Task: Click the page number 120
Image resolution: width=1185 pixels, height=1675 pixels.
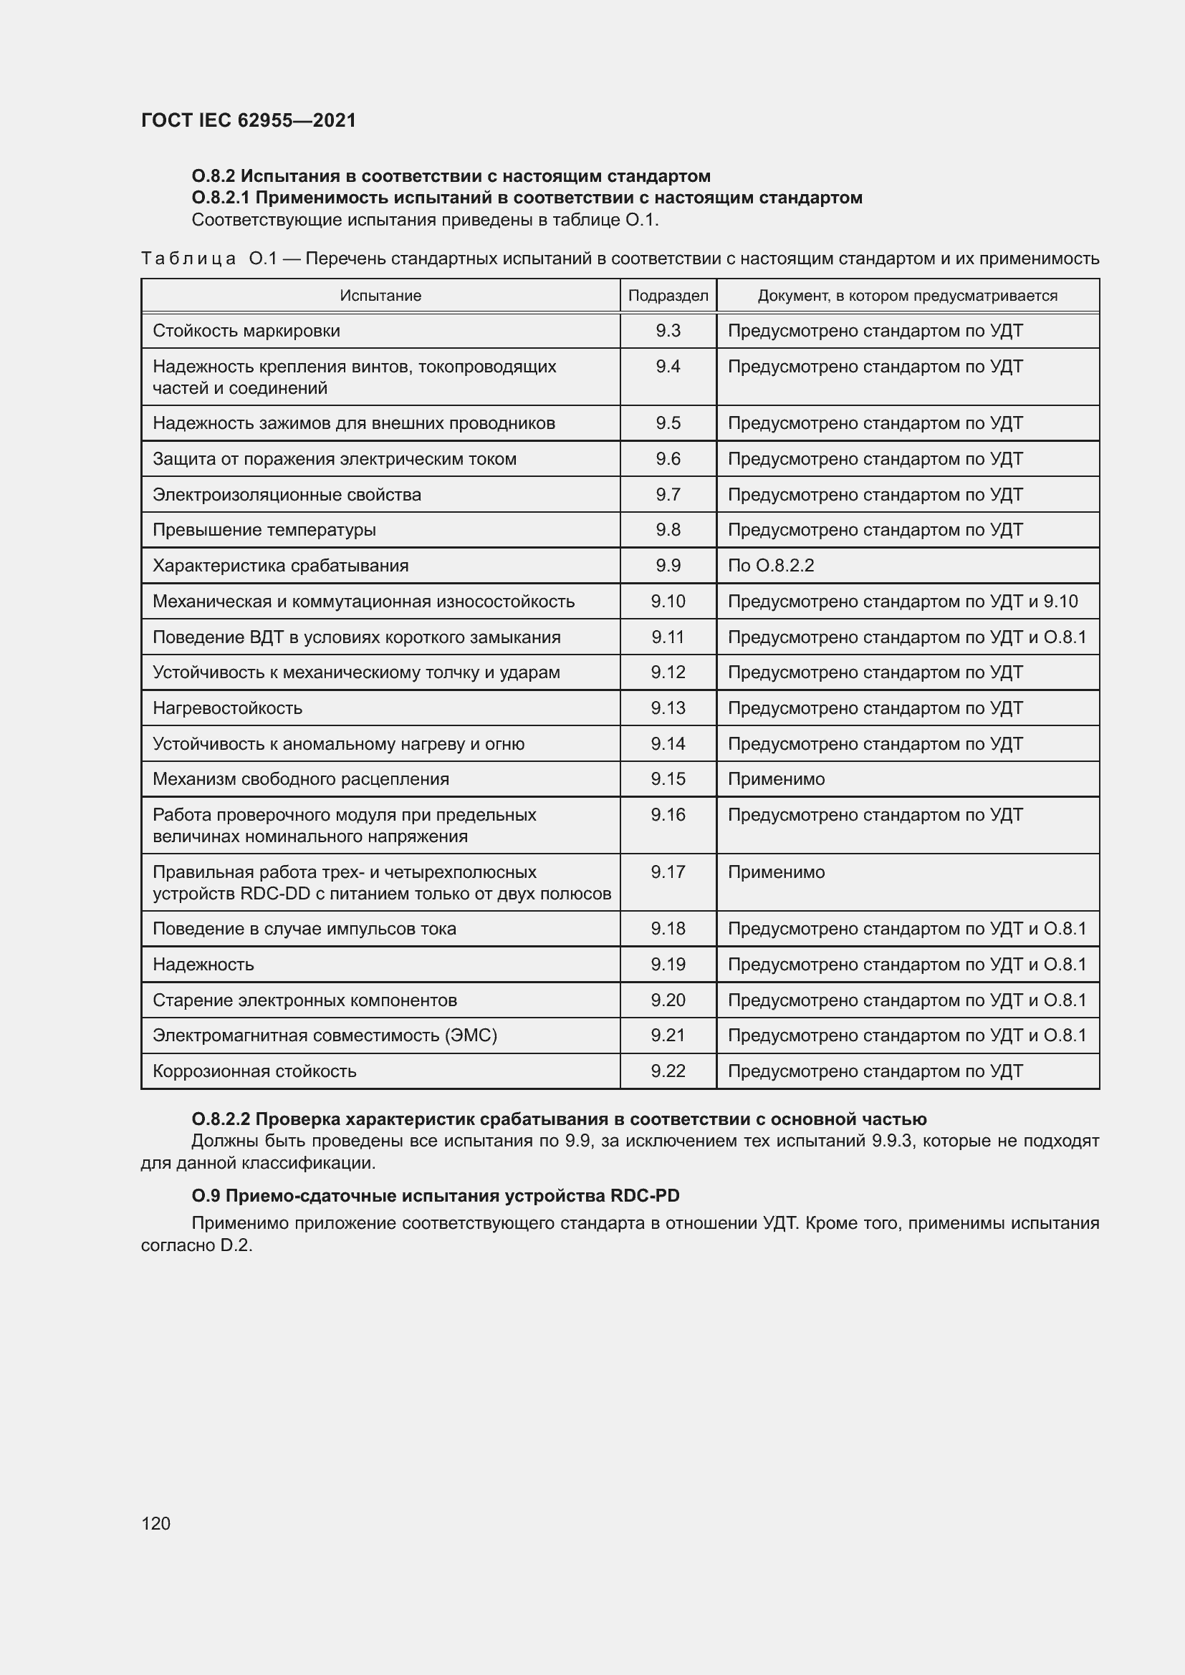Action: pos(155,1523)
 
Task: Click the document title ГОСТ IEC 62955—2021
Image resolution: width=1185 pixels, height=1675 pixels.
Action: pos(248,120)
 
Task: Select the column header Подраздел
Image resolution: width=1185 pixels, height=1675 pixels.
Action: pos(668,296)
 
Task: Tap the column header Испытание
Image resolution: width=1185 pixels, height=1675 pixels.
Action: pos(380,296)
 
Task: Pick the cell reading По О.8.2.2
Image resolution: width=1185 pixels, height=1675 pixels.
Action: pos(771,566)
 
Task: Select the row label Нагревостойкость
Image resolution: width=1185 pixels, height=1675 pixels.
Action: pos(227,708)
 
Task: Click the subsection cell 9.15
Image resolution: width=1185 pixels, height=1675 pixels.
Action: pos(668,778)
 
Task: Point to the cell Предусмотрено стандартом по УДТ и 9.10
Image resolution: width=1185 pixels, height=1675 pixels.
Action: pos(902,601)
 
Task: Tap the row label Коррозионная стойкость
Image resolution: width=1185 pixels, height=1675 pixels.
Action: pos(254,1071)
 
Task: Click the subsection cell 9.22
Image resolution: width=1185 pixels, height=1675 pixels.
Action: pos(668,1071)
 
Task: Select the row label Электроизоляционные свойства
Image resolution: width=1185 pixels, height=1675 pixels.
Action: pos(287,495)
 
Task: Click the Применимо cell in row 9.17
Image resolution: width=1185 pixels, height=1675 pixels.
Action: pos(776,872)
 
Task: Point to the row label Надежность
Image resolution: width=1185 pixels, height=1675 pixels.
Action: pos(203,965)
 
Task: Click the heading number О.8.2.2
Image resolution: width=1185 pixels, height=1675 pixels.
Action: pos(221,1119)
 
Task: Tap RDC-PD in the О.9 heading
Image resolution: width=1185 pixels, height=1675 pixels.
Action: pos(644,1196)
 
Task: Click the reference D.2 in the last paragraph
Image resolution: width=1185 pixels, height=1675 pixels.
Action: pos(236,1245)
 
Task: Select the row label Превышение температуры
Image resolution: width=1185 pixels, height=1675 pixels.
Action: pos(264,530)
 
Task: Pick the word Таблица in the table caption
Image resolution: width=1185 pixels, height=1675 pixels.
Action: pos(188,259)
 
